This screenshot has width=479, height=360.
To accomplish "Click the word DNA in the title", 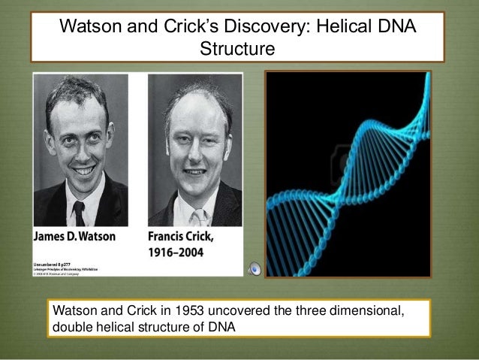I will (396, 29).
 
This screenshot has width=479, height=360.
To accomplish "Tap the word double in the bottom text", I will (69, 327).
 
